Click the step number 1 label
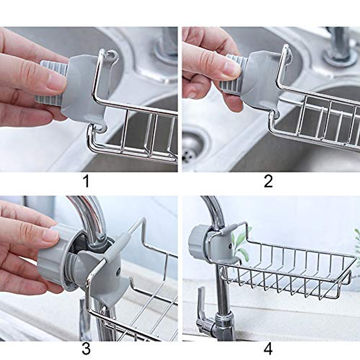click(86, 181)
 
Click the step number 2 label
click(268, 181)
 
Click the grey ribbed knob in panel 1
click(51, 81)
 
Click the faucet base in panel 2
click(339, 57)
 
